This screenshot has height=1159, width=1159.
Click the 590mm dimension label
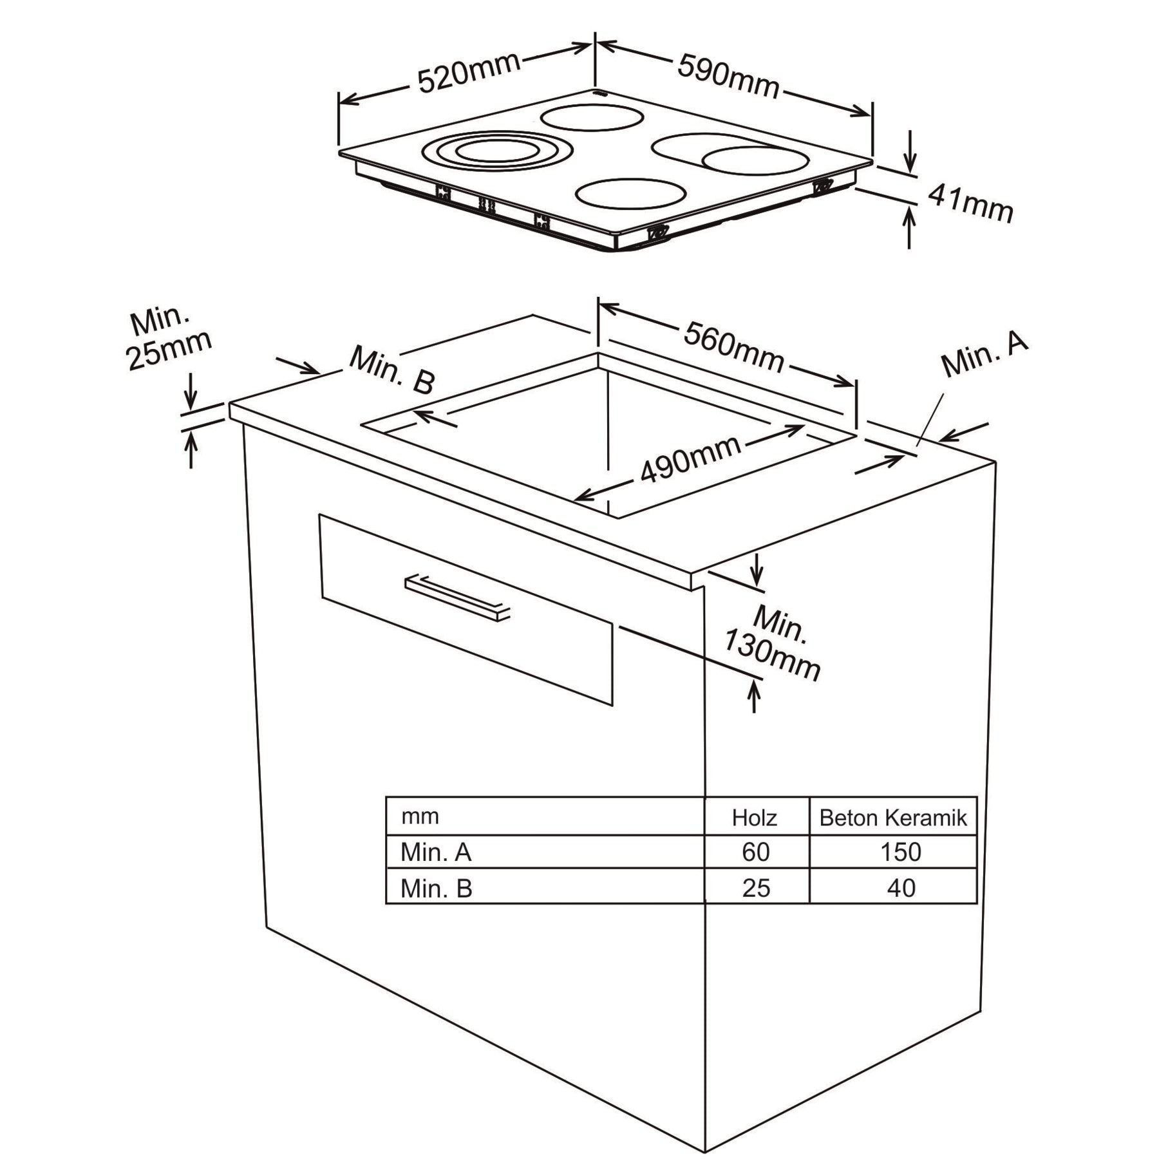tap(728, 76)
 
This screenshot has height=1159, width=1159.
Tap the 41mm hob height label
tap(970, 202)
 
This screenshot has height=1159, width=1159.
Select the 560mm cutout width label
tap(733, 348)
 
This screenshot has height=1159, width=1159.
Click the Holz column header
tap(755, 818)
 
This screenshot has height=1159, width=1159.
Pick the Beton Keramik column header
tap(892, 818)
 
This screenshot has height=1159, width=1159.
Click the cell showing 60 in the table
tap(755, 852)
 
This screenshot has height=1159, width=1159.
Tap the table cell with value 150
tap(900, 852)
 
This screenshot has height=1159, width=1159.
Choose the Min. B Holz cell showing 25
tap(755, 888)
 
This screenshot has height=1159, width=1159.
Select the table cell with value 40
tap(900, 888)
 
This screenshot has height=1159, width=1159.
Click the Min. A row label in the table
tap(436, 852)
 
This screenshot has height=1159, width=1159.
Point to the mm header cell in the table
tap(420, 816)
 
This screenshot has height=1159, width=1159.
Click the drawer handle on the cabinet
tap(457, 598)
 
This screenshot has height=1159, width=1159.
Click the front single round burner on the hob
tap(630, 193)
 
